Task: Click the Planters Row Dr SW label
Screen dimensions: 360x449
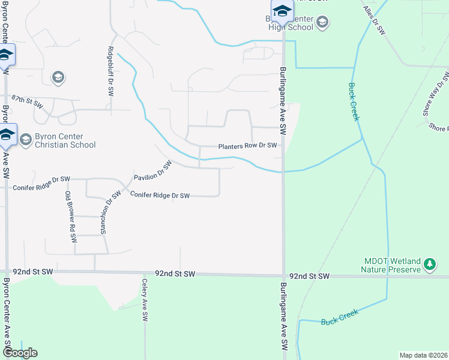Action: click(x=247, y=145)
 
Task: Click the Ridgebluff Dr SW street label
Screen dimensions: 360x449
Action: click(x=110, y=71)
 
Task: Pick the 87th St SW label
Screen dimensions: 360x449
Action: click(x=28, y=100)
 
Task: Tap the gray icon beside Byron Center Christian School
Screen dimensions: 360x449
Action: click(x=25, y=140)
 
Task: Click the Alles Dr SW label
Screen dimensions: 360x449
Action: click(x=374, y=21)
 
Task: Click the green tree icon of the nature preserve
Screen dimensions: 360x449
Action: click(x=430, y=264)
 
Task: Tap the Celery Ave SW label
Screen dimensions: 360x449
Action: click(x=145, y=300)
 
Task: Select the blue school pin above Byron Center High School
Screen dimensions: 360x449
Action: click(x=282, y=10)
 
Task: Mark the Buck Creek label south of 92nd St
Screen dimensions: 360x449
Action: click(x=340, y=317)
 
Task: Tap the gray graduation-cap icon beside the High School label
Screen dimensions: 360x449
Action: click(x=322, y=23)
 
